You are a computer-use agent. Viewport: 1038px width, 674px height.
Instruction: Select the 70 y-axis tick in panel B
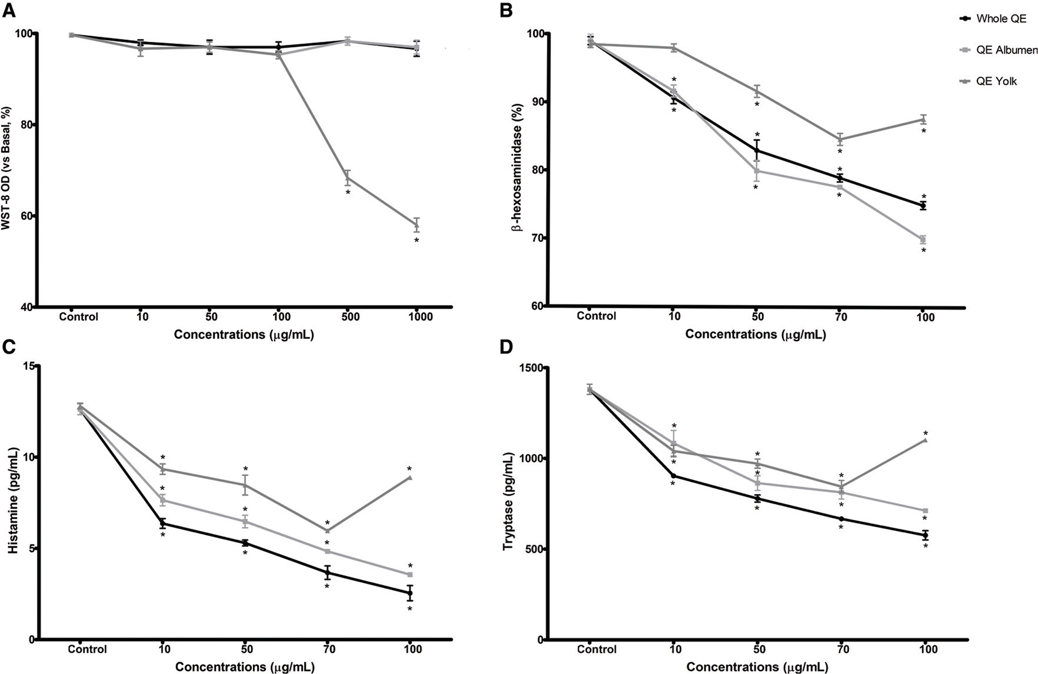536,238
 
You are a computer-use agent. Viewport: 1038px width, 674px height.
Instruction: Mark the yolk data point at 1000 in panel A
416,225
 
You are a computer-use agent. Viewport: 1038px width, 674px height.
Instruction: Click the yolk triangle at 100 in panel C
410,478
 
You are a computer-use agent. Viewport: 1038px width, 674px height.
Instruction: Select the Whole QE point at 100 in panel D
925,535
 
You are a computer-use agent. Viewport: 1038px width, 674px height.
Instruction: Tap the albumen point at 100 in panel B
923,239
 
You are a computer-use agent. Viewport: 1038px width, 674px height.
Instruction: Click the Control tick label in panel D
596,650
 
